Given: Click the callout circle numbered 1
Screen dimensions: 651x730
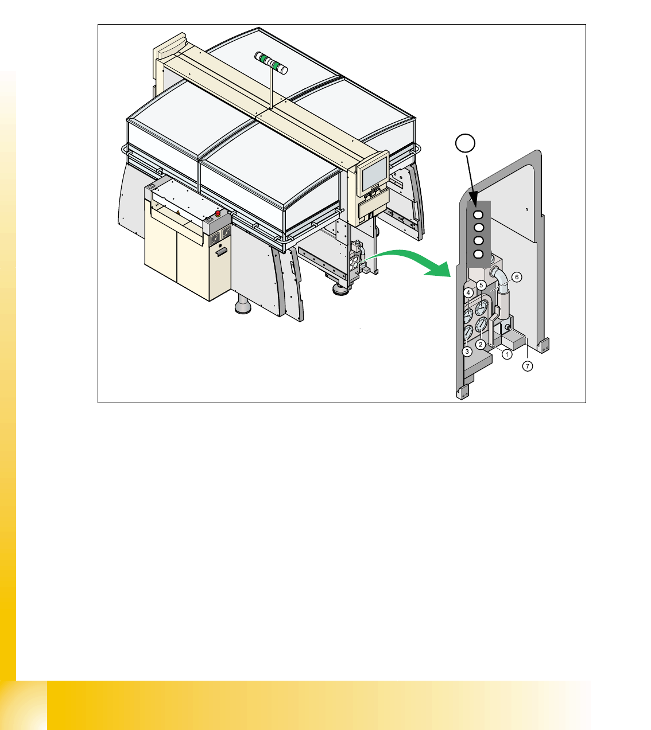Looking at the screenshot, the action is [507, 354].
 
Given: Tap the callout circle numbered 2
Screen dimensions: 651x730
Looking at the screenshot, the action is [480, 345].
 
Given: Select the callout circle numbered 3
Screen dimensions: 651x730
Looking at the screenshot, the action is [467, 352].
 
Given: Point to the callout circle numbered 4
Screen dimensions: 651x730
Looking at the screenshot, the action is [468, 292].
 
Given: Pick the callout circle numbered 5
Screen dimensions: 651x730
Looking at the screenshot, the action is [481, 285].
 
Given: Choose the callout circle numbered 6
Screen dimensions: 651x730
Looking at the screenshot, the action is [517, 277].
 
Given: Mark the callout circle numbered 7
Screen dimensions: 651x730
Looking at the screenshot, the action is [528, 366].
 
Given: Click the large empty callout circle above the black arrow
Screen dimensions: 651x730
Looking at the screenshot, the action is [465, 143].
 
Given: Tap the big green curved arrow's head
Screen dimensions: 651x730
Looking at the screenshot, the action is [439, 270].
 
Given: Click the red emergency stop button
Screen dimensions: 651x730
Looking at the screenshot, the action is [218, 214].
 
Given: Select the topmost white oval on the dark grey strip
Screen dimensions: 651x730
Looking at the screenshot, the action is [478, 214].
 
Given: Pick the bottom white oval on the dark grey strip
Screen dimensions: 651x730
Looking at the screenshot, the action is [478, 254].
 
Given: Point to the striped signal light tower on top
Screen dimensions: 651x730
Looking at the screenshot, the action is [271, 63].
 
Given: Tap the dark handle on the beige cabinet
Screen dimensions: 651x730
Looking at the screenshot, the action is [221, 252].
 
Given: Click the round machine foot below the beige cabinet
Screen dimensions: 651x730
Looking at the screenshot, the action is [243, 306].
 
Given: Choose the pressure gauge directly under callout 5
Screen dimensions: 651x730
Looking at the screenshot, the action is [482, 308].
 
